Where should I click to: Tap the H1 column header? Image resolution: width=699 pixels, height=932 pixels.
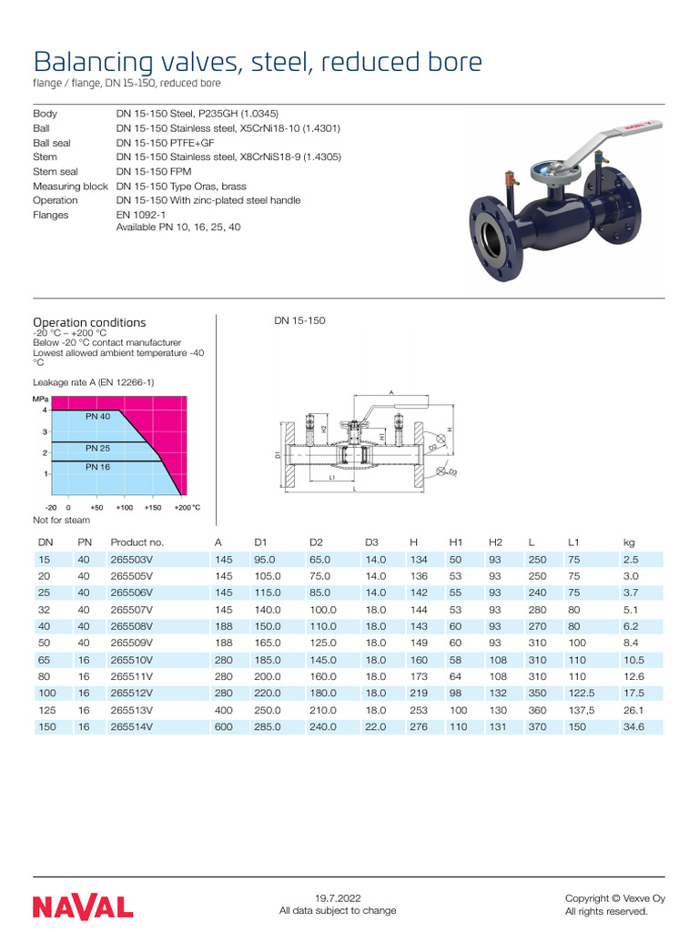click(x=457, y=542)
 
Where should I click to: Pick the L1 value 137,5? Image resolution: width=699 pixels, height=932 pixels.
click(x=582, y=710)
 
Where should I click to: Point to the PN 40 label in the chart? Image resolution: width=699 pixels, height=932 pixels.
click(x=97, y=416)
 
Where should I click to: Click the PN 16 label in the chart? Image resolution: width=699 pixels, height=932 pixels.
click(x=97, y=467)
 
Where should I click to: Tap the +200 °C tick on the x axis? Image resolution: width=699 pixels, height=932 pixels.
click(x=187, y=507)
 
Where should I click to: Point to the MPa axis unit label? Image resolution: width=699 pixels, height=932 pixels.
click(x=40, y=399)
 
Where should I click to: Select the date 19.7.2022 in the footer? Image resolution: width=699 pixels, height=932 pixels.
click(x=338, y=898)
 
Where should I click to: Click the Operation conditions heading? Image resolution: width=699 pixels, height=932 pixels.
click(x=89, y=322)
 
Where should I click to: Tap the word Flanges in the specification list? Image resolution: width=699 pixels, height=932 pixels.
click(x=50, y=215)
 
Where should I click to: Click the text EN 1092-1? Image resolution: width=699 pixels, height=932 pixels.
click(x=140, y=215)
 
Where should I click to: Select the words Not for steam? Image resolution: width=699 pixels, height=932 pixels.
click(x=61, y=520)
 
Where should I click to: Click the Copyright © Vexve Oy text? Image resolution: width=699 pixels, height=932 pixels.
click(x=614, y=898)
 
